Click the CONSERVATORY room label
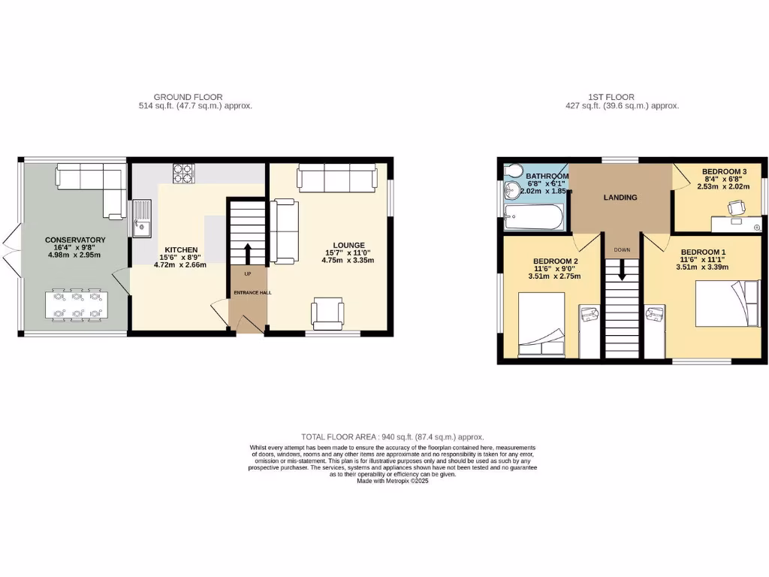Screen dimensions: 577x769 click(x=74, y=240)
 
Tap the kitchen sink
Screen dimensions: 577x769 click(x=140, y=216)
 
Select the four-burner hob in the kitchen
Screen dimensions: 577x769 click(x=183, y=174)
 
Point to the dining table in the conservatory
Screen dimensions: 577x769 click(x=74, y=305)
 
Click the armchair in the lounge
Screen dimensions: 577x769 click(x=327, y=313)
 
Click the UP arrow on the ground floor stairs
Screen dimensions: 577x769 click(x=247, y=252)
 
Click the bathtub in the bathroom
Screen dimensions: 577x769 click(x=533, y=218)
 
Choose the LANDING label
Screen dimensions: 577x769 click(x=620, y=198)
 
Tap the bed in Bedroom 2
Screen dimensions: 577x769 click(x=541, y=325)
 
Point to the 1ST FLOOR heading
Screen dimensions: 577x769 click(x=611, y=97)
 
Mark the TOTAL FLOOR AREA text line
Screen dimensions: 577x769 click(x=392, y=437)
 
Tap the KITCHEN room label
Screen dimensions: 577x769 click(x=181, y=249)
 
